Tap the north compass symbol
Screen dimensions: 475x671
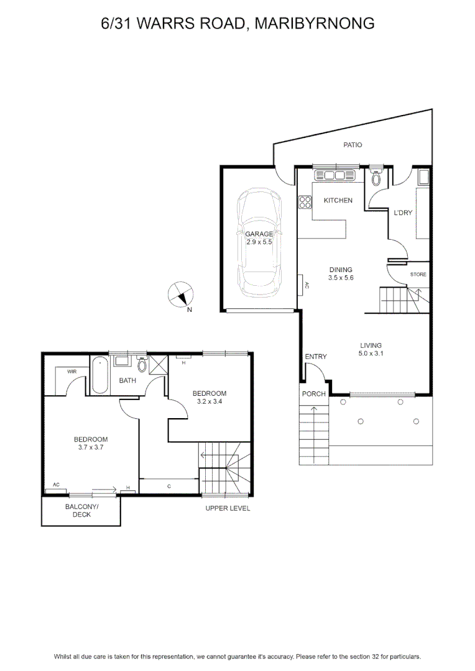pos(180,295)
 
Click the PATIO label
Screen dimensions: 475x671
pos(353,145)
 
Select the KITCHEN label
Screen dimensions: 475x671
pos(338,200)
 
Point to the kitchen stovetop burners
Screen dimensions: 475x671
pos(305,202)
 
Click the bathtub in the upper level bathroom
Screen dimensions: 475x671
pos(100,375)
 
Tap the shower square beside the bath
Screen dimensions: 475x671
pos(157,365)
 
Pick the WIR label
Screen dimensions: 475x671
pos(71,372)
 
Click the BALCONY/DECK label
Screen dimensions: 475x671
pos(81,511)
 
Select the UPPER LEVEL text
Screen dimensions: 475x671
pos(228,508)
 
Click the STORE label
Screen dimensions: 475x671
pos(418,275)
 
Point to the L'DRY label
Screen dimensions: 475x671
pos(403,212)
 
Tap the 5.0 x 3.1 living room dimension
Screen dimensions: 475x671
pos(371,354)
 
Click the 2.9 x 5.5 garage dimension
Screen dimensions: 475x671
pos(259,242)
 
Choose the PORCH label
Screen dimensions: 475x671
pos(313,394)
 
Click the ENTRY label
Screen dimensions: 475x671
pos(316,357)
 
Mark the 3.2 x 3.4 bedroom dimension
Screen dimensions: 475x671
pos(210,401)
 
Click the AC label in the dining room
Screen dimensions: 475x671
pos(307,285)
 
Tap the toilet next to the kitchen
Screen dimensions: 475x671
pos(376,177)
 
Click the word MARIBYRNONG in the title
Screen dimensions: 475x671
pos(315,23)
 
